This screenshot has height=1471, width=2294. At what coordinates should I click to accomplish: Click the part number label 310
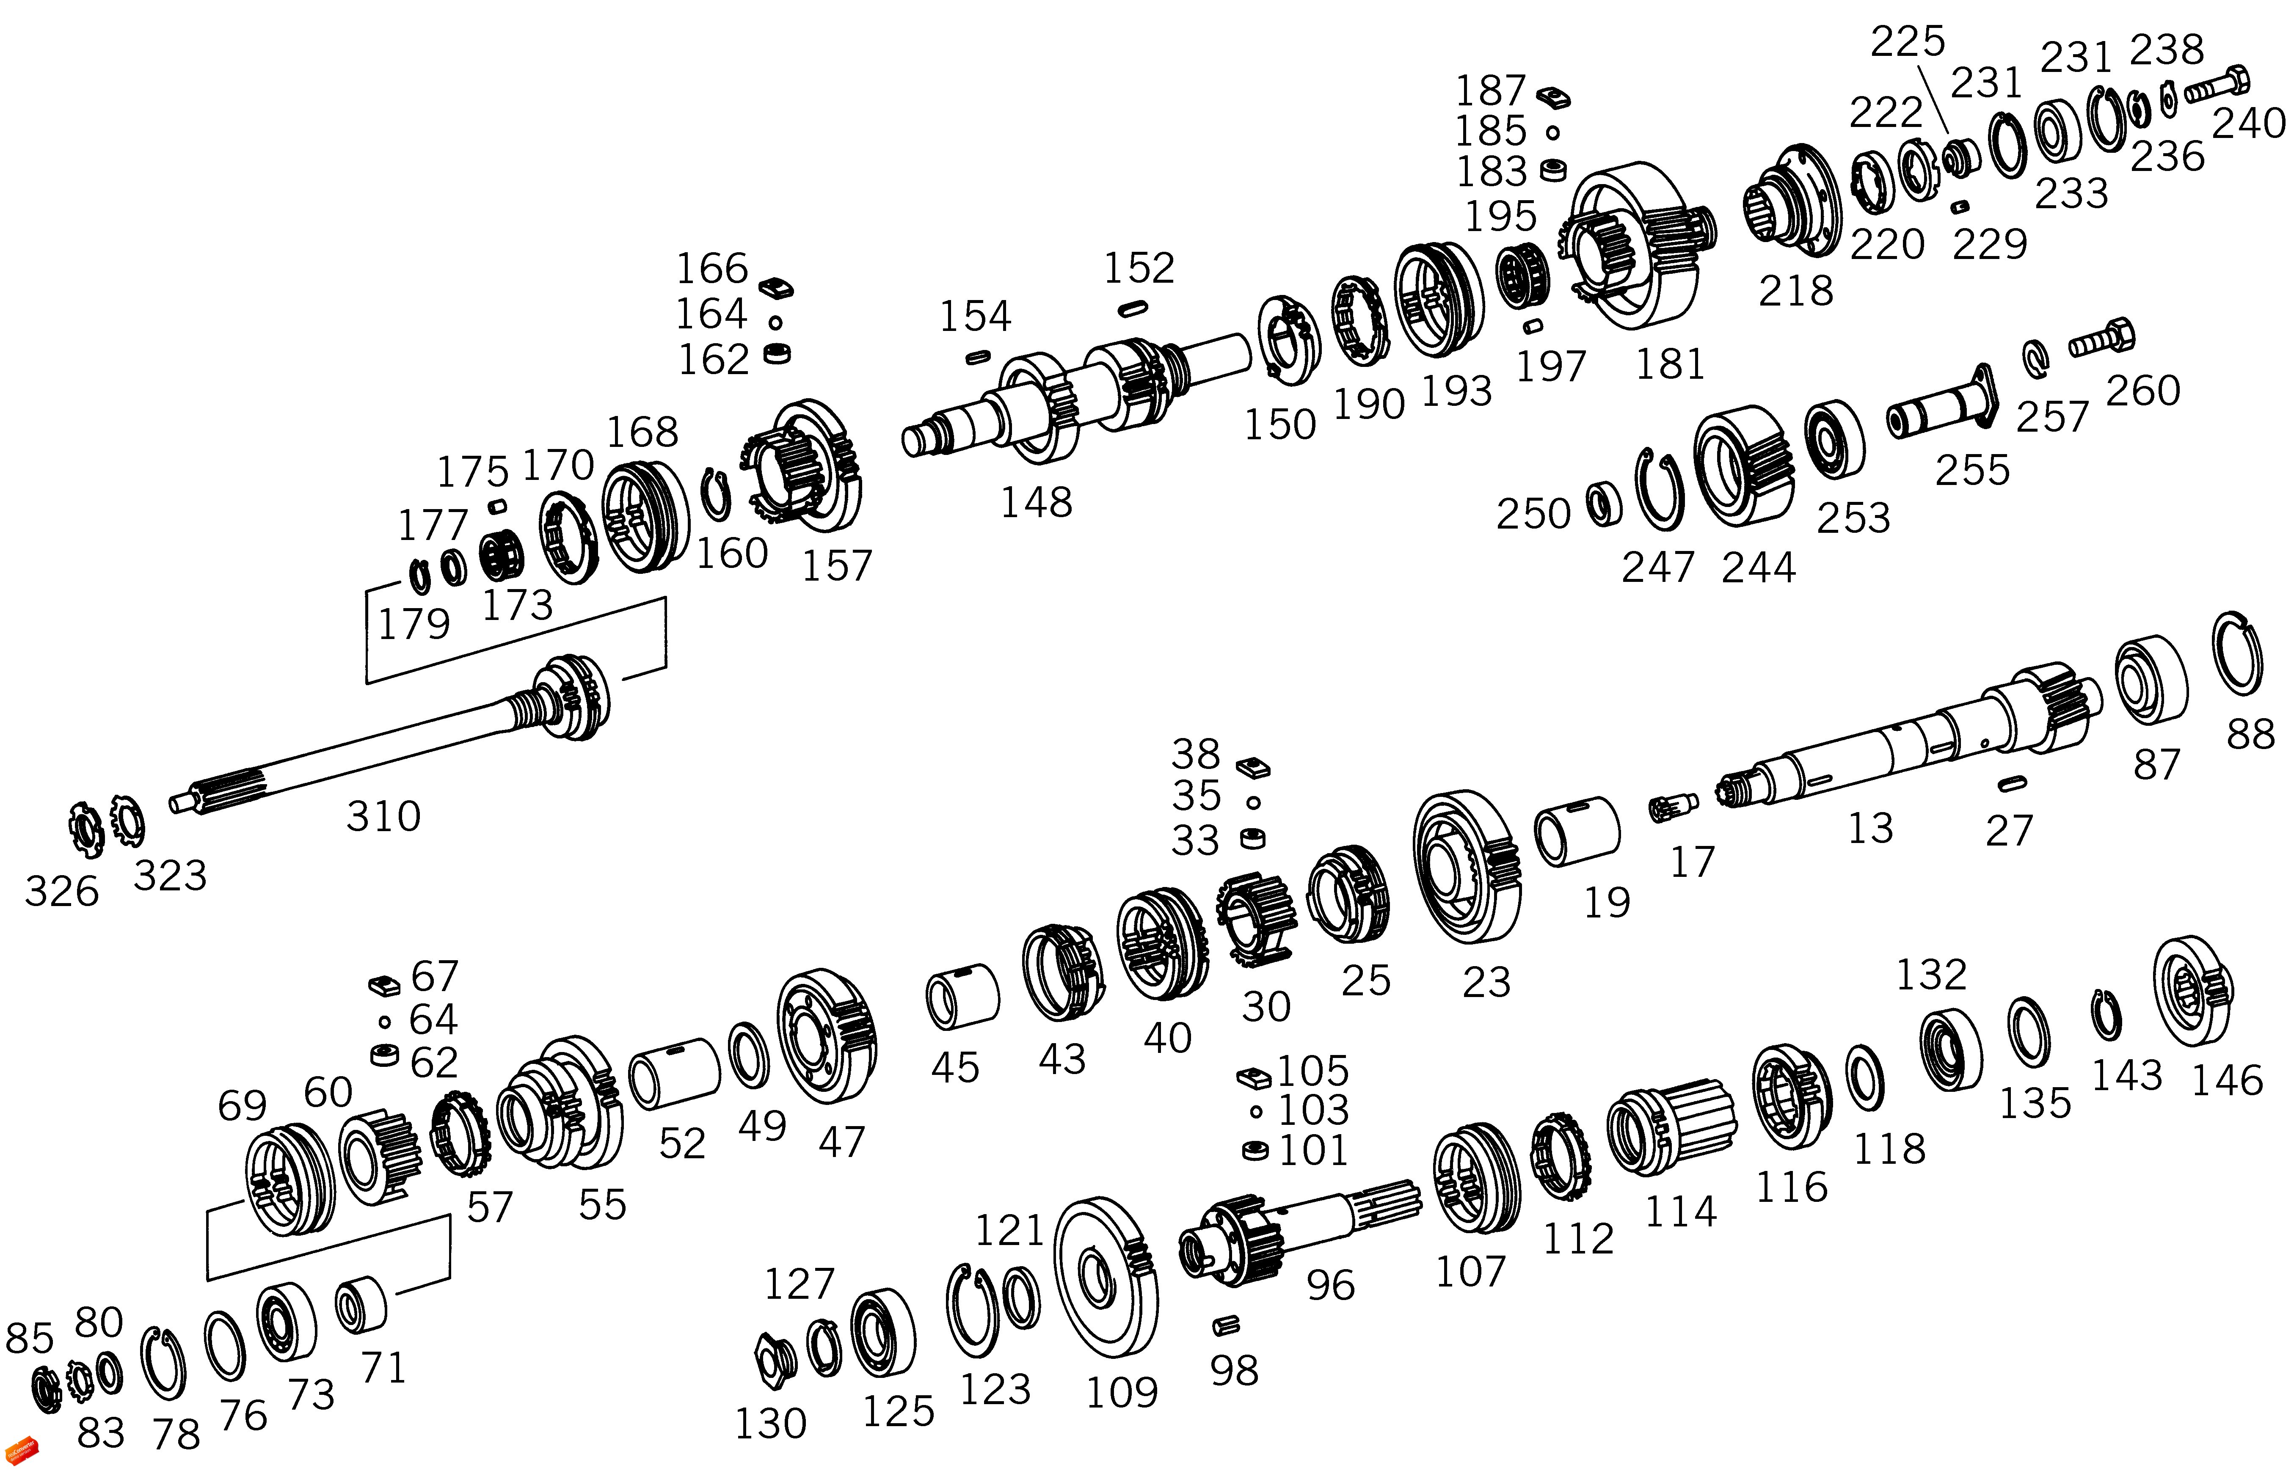click(383, 817)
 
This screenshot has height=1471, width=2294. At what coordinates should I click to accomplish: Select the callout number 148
click(1036, 502)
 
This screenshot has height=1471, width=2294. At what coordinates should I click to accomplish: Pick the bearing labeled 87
click(2151, 679)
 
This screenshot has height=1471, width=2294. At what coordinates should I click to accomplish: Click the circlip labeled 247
click(1659, 489)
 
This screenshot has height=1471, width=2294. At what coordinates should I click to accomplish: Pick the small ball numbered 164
click(775, 323)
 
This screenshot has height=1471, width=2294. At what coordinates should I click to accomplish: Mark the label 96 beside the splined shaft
click(1330, 1286)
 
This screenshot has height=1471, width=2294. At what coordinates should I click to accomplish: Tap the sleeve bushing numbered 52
click(674, 1074)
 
